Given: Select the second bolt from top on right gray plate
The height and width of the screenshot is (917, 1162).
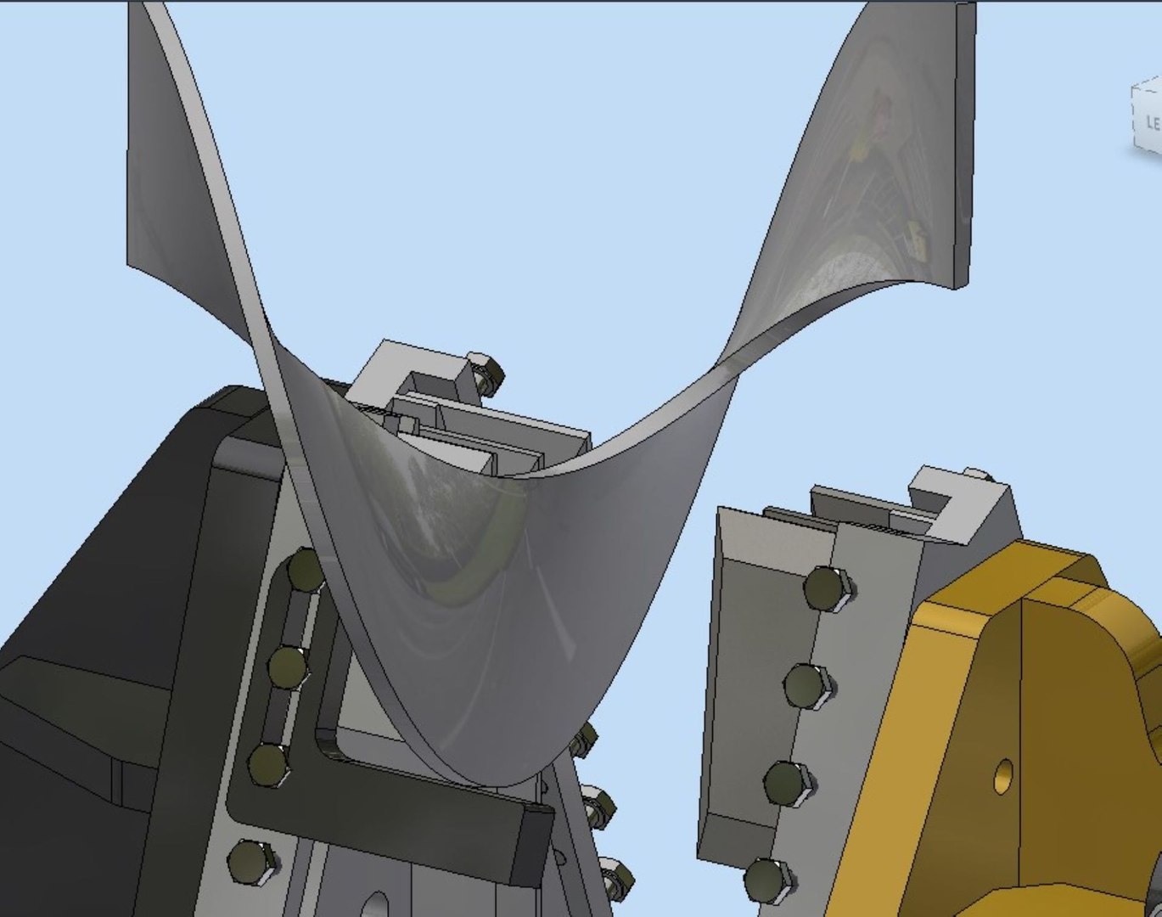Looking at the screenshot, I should (806, 684).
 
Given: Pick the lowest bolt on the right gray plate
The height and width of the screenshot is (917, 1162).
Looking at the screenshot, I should (766, 879).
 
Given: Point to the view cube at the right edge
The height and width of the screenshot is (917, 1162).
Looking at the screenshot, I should (1147, 119).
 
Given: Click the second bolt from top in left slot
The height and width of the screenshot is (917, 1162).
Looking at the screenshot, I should (289, 667).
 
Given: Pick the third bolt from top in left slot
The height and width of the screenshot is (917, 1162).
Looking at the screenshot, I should (270, 764).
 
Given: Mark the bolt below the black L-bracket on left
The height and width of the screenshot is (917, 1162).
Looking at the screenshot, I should (251, 861).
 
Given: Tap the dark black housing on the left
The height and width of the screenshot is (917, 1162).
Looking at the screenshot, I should (93, 611).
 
